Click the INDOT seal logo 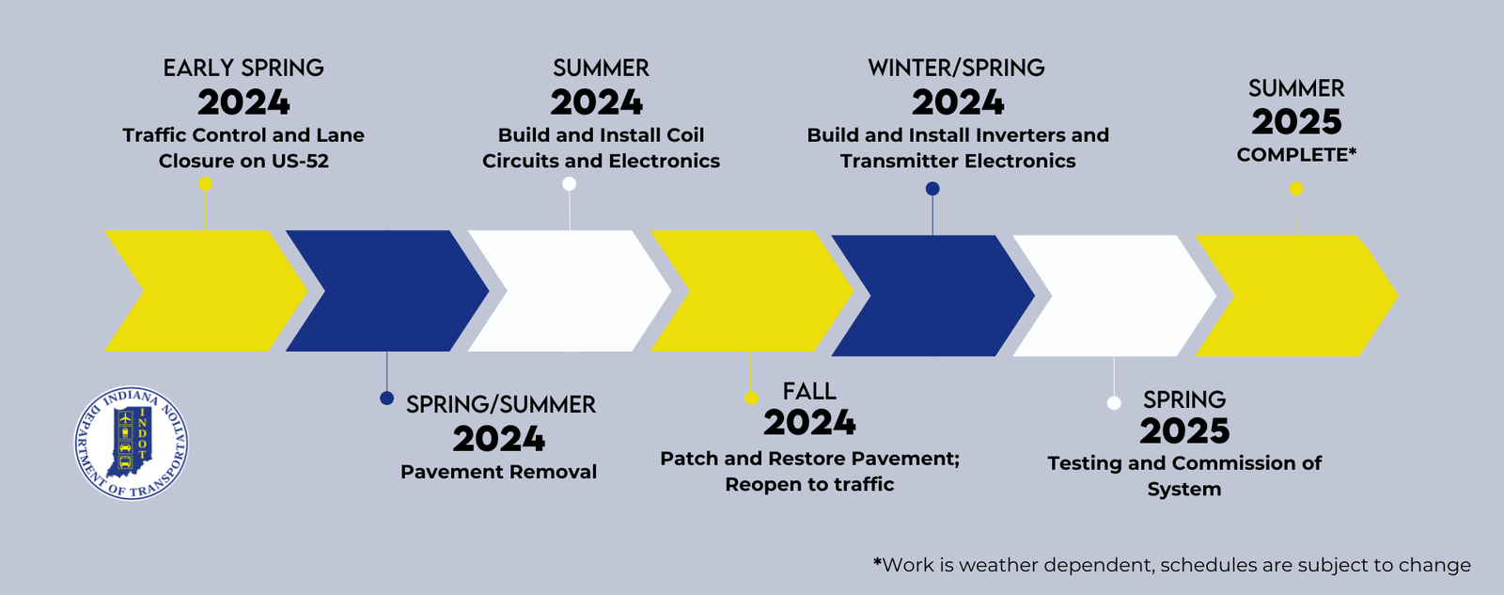click(x=132, y=444)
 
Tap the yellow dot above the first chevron click(x=206, y=184)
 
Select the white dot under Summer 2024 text click(x=569, y=184)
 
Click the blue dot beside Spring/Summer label click(x=386, y=399)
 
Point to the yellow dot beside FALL click(x=751, y=399)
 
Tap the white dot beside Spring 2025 click(x=1114, y=403)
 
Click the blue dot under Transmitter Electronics click(x=932, y=189)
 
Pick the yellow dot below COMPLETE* click(x=1296, y=189)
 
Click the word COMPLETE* click(x=1296, y=155)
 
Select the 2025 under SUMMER click(x=1296, y=122)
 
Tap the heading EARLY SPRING click(x=243, y=68)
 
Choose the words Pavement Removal click(x=499, y=472)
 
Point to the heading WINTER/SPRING click(x=957, y=68)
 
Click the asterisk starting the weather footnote click(x=877, y=561)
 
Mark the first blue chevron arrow click(x=387, y=290)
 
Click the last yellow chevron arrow click(x=1296, y=295)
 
